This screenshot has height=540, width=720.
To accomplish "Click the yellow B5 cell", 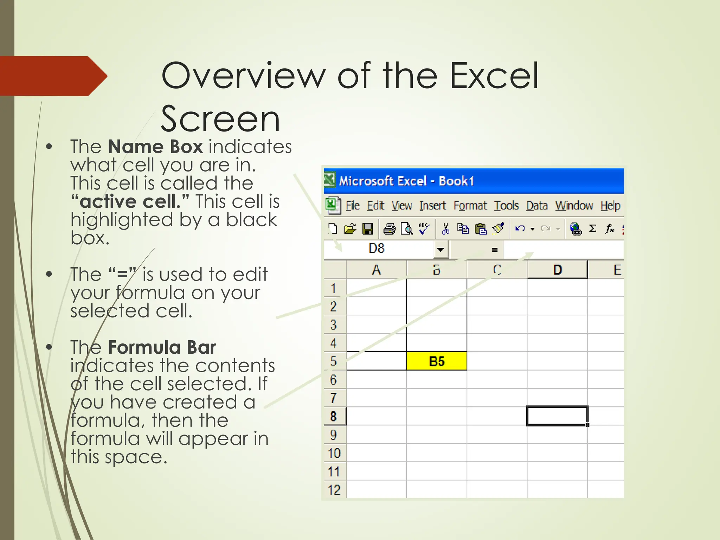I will point(437,361).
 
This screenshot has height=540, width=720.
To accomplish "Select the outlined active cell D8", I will point(557,416).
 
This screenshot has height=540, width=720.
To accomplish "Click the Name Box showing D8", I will point(380,249).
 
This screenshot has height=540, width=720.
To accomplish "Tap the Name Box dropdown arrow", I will point(441,250).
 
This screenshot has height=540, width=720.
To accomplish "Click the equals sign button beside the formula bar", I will point(495,250).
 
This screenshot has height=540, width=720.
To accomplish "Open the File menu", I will point(352,205).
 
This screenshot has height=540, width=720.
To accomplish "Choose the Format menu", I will point(470,205).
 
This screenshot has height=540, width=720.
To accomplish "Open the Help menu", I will point(610,205).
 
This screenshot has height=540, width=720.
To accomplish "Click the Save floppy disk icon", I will point(368,229).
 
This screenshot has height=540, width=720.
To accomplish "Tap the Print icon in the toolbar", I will point(389,229).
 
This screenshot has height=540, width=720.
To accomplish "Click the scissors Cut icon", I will point(445,229).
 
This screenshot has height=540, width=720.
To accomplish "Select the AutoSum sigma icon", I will point(593,229).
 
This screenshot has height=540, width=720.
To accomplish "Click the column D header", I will point(557,270).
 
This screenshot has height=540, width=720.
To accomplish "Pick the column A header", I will point(377,270).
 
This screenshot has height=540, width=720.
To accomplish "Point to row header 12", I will point(334,490).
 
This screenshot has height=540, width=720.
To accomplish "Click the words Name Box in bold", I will point(155,147).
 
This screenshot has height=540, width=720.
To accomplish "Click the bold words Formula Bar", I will point(162,347).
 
